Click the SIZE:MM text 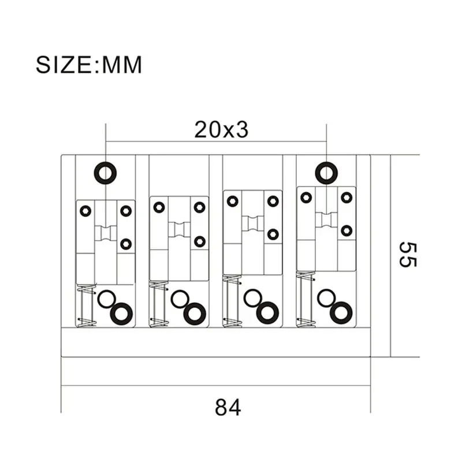click(89, 64)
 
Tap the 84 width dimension click(228, 407)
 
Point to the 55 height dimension click(407, 254)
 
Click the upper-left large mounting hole click(106, 172)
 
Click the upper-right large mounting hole click(327, 172)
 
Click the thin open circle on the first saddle click(106, 299)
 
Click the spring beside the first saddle click(85, 305)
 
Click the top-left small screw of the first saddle click(85, 211)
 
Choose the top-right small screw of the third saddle click(273, 201)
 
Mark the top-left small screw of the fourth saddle click(306, 198)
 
